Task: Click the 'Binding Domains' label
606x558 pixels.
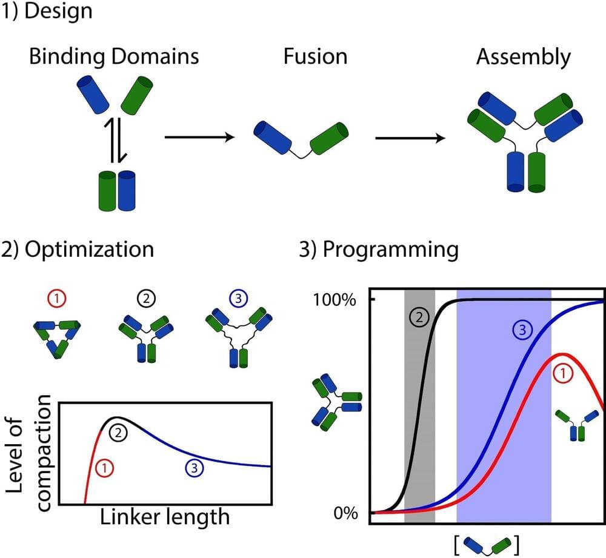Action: click(114, 57)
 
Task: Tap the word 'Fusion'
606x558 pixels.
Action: click(315, 57)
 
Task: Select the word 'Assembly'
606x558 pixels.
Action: click(523, 57)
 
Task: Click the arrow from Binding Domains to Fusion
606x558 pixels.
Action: click(199, 138)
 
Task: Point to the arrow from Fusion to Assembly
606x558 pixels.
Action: click(409, 138)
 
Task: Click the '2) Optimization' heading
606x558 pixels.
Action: click(77, 250)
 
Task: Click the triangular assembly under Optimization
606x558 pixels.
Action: click(59, 338)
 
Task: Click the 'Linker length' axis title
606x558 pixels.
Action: click(165, 517)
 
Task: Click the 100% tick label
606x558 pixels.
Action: click(340, 300)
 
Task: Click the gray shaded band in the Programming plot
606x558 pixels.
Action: click(419, 424)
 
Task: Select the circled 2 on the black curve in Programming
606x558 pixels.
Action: click(418, 316)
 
